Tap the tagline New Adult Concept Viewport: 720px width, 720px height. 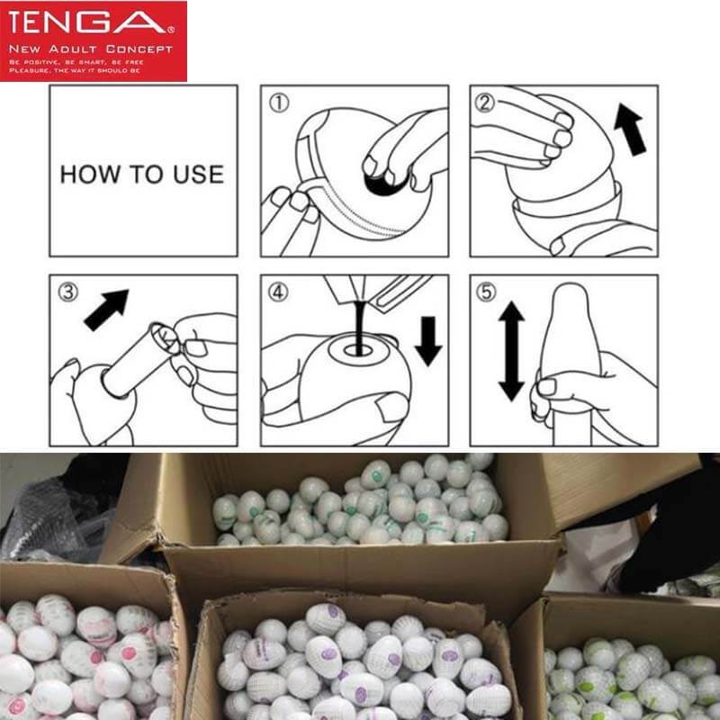90,48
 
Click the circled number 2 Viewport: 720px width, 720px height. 487,103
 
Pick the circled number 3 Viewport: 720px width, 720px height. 67,292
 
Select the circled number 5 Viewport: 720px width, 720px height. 487,292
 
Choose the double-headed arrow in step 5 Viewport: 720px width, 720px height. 511,351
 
